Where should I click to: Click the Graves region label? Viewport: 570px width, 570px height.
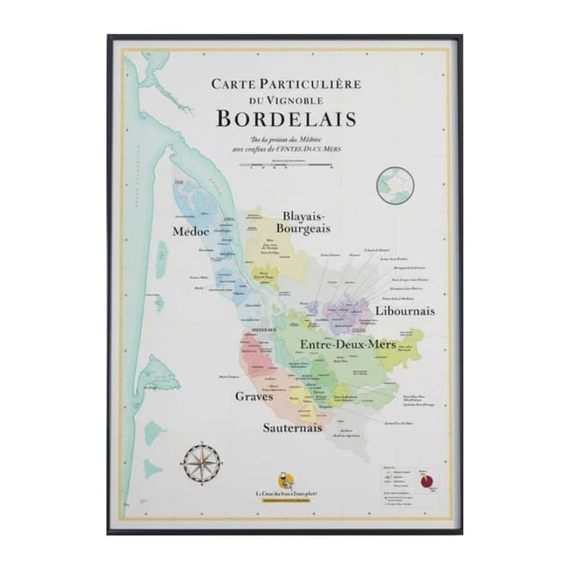pyautogui.click(x=253, y=396)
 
